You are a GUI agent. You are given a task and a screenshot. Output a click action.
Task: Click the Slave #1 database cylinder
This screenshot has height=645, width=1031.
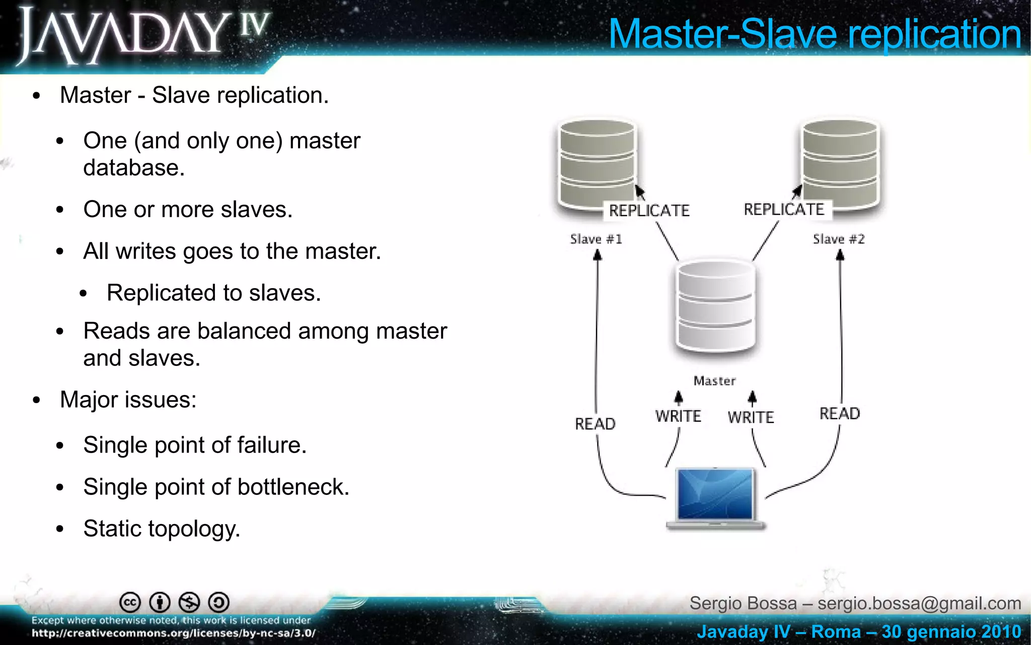597,164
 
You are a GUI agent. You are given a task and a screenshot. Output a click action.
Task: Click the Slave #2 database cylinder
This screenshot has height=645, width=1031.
840,164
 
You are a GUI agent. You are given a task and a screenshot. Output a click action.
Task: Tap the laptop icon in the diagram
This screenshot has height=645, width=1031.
715,498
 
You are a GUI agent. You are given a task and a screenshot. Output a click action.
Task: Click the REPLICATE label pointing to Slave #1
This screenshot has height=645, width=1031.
649,211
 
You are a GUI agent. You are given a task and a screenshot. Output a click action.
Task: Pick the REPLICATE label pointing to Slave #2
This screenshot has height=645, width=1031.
784,209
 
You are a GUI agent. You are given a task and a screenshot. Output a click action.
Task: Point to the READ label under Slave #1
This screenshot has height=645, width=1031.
595,424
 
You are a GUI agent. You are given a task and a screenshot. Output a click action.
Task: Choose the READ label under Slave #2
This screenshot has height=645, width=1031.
840,414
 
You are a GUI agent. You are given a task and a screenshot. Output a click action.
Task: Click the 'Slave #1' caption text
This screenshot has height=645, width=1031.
596,239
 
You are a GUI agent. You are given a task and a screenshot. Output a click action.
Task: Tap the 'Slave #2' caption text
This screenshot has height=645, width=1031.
839,239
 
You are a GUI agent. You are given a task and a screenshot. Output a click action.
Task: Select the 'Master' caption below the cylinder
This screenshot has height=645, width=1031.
714,381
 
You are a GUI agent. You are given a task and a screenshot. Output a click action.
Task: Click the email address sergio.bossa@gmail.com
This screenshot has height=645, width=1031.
919,603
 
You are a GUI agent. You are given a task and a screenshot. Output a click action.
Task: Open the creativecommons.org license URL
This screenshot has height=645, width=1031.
174,633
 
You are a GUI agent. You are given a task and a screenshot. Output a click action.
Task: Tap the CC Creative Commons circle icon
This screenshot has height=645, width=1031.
130,602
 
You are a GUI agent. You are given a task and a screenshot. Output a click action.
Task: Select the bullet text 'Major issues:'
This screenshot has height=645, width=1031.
128,400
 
